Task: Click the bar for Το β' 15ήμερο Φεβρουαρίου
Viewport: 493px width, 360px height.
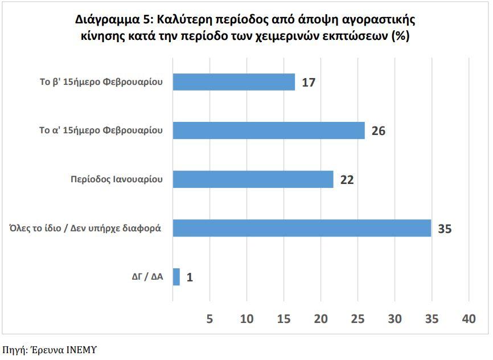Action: tap(233, 82)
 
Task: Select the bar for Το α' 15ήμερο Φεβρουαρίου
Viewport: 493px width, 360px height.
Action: tap(268, 130)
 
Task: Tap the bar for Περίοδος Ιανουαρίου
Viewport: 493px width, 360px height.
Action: tap(253, 179)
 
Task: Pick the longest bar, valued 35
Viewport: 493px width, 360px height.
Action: tap(302, 228)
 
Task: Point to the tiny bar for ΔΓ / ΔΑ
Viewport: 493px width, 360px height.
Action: tap(176, 277)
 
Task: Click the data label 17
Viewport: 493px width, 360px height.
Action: tap(309, 83)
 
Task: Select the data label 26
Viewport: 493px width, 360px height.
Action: tap(379, 131)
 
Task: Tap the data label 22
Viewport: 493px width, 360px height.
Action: tap(347, 180)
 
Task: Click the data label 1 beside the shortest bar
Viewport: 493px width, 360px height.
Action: tap(190, 278)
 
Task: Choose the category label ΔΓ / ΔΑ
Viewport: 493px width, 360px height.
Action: tap(144, 277)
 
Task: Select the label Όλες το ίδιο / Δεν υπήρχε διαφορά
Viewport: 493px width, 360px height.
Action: tap(85, 228)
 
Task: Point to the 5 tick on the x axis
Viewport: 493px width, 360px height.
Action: tap(209, 319)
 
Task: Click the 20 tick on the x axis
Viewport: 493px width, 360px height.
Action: tap(321, 319)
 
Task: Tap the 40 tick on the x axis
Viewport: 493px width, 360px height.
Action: tap(469, 319)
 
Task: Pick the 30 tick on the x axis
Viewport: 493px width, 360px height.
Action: tap(395, 319)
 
